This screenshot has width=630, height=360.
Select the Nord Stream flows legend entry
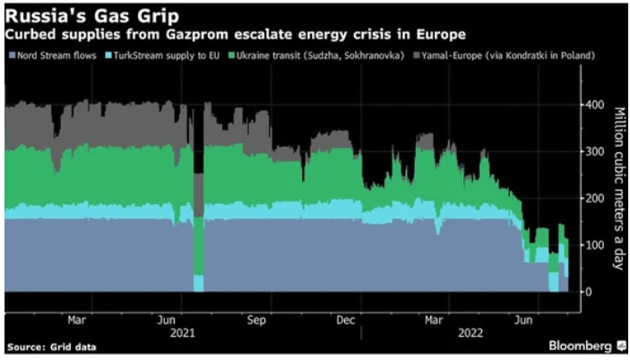coord(49,56)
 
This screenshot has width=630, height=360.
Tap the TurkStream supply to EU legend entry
coord(160,56)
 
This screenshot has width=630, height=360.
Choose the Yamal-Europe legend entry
coord(488,56)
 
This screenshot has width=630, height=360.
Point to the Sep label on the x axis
coord(256,319)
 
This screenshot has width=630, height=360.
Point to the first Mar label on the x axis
coord(77,319)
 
